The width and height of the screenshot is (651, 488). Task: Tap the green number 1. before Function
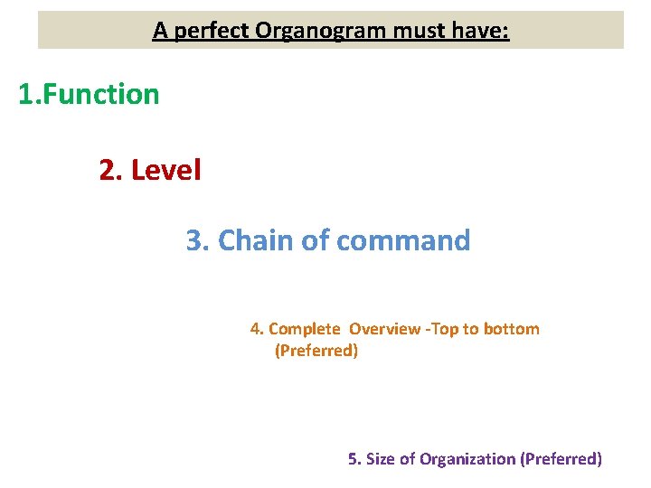tap(31, 94)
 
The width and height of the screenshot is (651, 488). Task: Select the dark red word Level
tap(166, 169)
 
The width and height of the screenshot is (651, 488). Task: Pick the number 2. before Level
tap(111, 169)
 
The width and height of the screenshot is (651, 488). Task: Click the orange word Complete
tap(305, 329)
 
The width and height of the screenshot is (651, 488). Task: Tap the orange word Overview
tap(384, 329)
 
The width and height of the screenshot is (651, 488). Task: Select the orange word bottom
tap(511, 329)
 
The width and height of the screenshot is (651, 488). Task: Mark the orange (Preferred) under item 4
tap(316, 351)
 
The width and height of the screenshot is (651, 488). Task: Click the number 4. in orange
tap(257, 329)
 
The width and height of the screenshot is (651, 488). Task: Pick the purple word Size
tap(381, 459)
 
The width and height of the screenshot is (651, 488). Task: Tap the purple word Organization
tap(467, 459)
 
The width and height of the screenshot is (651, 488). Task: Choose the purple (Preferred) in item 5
tap(561, 459)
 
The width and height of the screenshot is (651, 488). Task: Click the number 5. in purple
tap(354, 459)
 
